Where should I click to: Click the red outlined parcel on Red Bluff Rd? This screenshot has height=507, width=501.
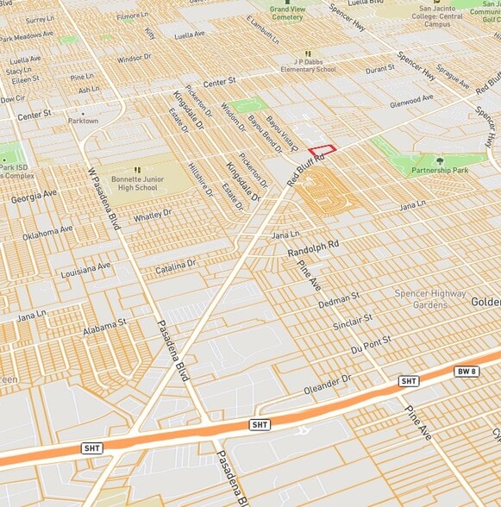(322, 150)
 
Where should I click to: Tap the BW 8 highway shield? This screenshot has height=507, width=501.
(467, 371)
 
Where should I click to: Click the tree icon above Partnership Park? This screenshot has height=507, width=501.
(440, 160)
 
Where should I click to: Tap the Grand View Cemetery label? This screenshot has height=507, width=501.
(287, 13)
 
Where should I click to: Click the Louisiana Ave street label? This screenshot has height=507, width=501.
(86, 270)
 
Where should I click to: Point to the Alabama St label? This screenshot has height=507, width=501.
(105, 328)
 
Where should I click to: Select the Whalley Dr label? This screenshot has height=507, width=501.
(153, 215)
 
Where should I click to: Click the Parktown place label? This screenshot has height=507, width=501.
(84, 121)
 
